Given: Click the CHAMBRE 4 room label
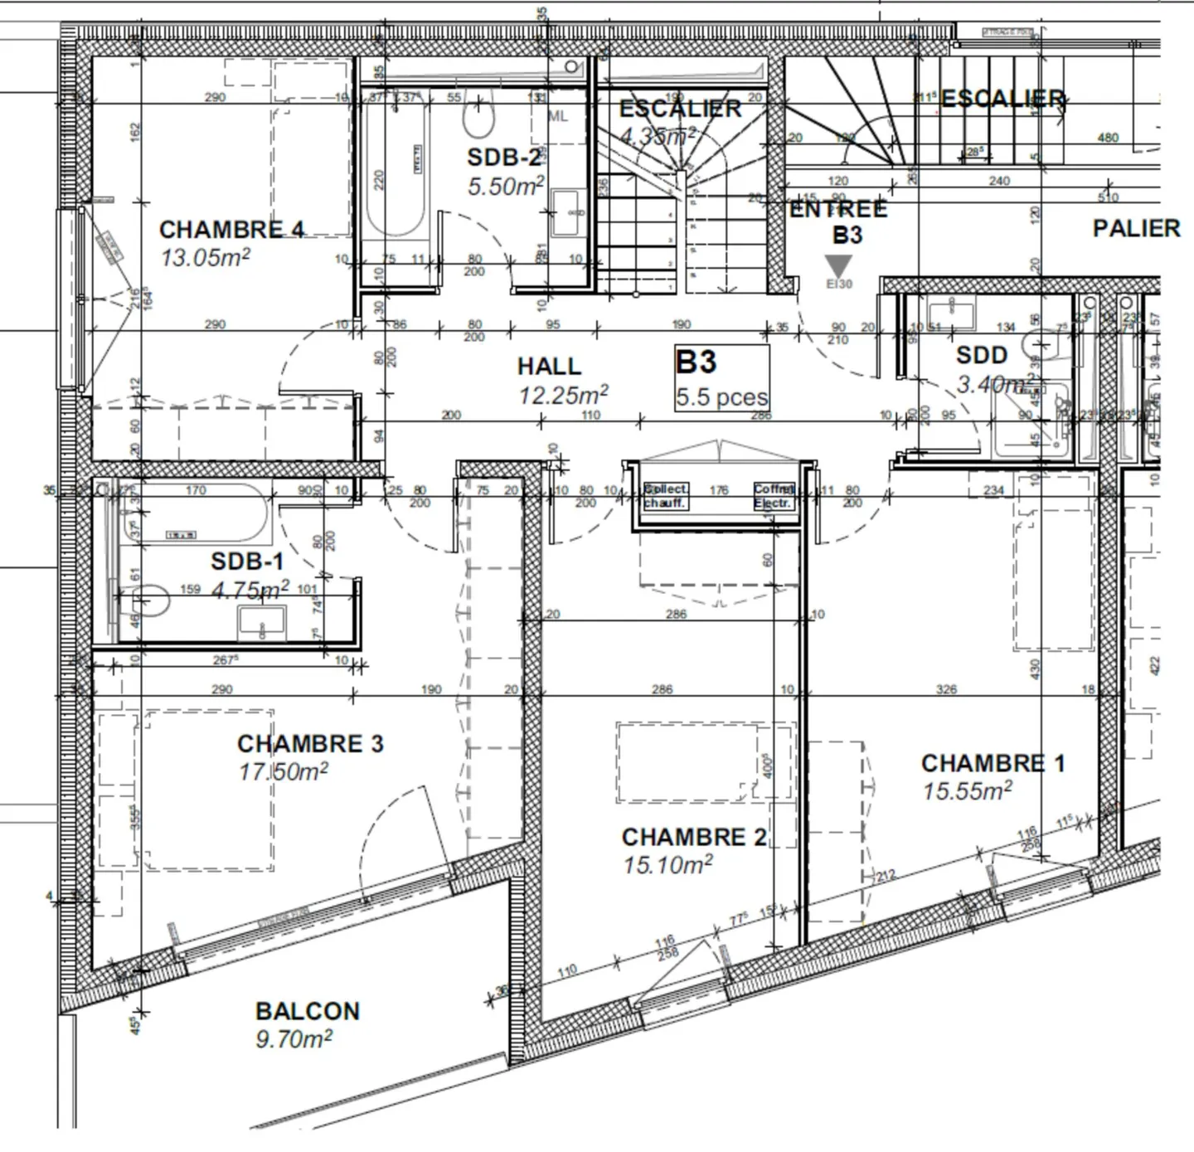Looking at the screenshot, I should [x=231, y=229].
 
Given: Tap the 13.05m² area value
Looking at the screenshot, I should [x=205, y=257].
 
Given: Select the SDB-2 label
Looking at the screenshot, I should [x=503, y=158].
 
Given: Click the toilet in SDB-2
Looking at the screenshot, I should [x=478, y=119].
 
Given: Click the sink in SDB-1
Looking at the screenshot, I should [x=261, y=622].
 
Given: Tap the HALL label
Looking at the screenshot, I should [x=549, y=366].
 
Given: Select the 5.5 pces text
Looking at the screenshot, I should [x=721, y=397].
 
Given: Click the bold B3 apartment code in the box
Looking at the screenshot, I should [x=696, y=362].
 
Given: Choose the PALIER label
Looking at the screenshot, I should [x=1135, y=228].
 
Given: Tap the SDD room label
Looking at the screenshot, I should [x=981, y=356].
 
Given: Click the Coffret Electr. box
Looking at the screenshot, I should [x=774, y=496].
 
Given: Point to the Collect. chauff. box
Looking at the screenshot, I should [x=666, y=496].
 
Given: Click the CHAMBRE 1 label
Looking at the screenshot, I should [x=993, y=763].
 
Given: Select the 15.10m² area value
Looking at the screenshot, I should [x=667, y=865].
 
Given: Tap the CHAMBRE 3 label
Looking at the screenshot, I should [x=310, y=743].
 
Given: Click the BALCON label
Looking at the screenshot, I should [x=308, y=1011].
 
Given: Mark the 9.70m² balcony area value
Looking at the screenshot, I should [x=294, y=1038].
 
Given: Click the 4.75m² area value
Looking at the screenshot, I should [x=250, y=590].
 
